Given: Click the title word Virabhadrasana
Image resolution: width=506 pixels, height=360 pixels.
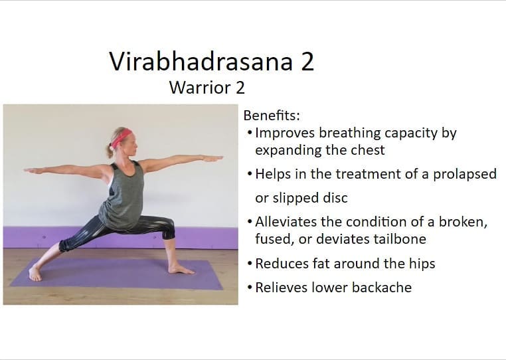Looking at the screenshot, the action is click(201, 61).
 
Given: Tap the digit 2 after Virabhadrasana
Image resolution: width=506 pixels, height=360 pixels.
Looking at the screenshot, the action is click(307, 61).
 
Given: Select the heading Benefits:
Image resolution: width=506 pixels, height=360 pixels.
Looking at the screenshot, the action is click(272, 116).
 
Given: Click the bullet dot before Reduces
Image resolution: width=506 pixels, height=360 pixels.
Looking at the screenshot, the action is click(250, 264).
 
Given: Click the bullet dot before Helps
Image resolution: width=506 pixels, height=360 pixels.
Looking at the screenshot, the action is click(250, 174).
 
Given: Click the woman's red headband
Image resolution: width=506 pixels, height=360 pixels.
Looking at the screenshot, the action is click(121, 137).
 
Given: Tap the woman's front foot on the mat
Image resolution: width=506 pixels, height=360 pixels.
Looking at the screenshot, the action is click(181, 269).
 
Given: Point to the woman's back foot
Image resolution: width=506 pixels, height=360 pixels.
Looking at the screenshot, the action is click(35, 274).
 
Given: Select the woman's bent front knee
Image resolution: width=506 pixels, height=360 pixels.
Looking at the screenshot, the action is click(169, 225).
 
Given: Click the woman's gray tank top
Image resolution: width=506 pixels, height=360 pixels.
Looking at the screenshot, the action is click(123, 197).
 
